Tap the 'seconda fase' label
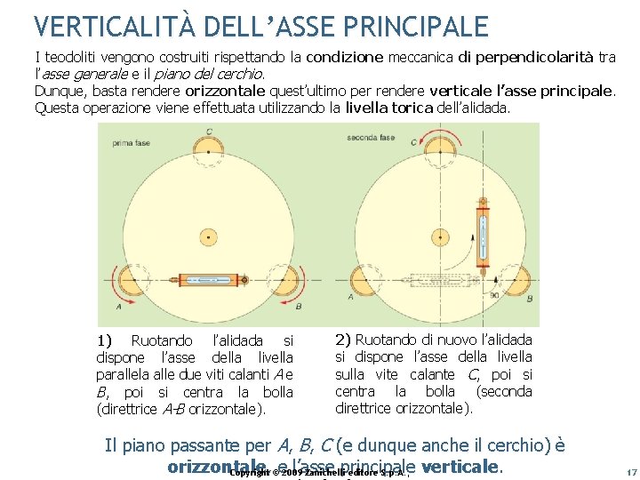click(x=371, y=138)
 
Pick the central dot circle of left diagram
click(x=208, y=237)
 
